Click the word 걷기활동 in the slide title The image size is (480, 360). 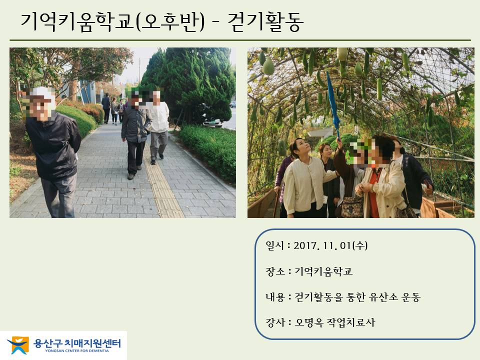pyautogui.click(x=265, y=21)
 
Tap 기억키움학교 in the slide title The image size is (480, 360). pyautogui.click(x=77, y=21)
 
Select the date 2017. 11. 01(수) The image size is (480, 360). pyautogui.click(x=330, y=245)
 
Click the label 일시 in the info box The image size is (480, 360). pyautogui.click(x=275, y=245)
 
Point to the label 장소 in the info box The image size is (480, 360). pyautogui.click(x=275, y=271)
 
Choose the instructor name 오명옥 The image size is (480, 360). pyautogui.click(x=309, y=322)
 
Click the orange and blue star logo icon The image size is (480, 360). pyautogui.click(x=18, y=345)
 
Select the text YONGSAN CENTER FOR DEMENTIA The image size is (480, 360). pyautogui.click(x=77, y=351)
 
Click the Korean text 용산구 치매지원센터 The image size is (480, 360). pyautogui.click(x=77, y=343)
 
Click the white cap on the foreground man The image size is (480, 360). pyautogui.click(x=43, y=93)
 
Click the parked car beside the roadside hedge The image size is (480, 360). pyautogui.click(x=212, y=122)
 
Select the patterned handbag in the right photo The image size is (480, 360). pyautogui.click(x=352, y=207)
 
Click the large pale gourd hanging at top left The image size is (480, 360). pyautogui.click(x=268, y=66)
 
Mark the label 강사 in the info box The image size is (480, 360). pyautogui.click(x=275, y=322)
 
